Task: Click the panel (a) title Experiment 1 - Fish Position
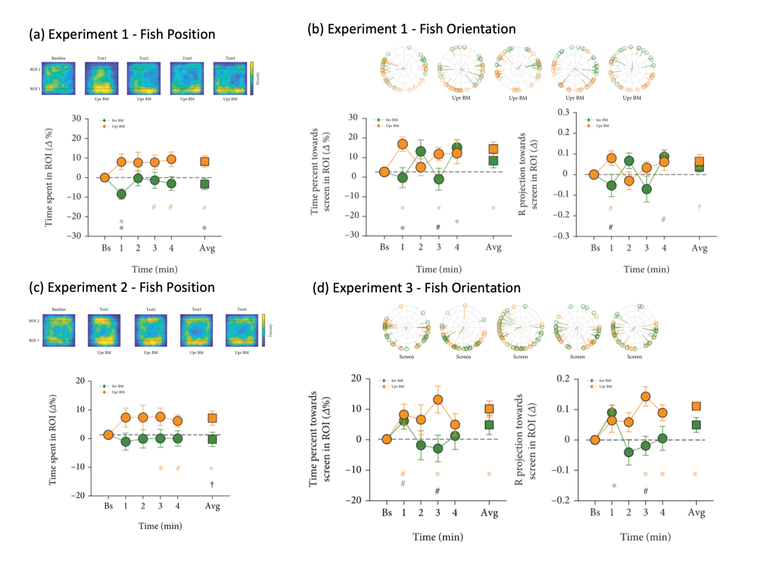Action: pyautogui.click(x=122, y=34)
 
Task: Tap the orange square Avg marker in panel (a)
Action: pyautogui.click(x=204, y=161)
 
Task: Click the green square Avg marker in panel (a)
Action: pyautogui.click(x=204, y=184)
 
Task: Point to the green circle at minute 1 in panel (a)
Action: pyautogui.click(x=121, y=194)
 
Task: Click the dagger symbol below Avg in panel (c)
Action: pyautogui.click(x=212, y=484)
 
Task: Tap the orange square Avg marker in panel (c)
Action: pyautogui.click(x=212, y=418)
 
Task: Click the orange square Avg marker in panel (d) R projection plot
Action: pyautogui.click(x=696, y=407)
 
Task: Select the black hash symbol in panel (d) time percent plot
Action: pyautogui.click(x=438, y=491)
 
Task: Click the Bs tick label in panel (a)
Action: pyautogui.click(x=105, y=248)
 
